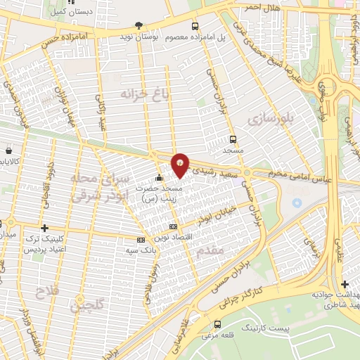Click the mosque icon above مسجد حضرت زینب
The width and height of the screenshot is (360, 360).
pyautogui.click(x=160, y=177)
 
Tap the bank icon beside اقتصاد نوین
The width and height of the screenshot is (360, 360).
pyautogui.click(x=174, y=226)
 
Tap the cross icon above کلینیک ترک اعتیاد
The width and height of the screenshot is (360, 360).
pyautogui.click(x=45, y=228)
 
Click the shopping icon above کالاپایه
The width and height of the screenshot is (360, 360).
pyautogui.click(x=8, y=150)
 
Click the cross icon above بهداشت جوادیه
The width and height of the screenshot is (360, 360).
pyautogui.click(x=345, y=283)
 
